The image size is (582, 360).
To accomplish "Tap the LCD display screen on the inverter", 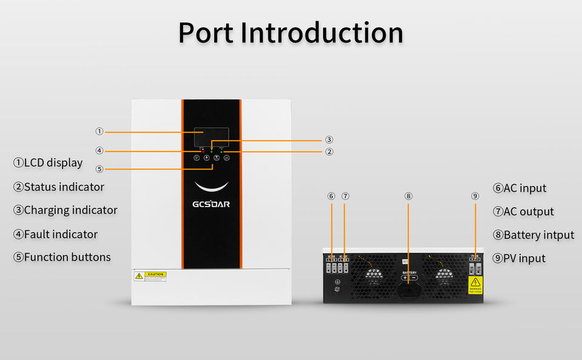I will (x=212, y=136).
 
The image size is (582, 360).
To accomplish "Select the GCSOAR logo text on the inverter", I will (x=211, y=204).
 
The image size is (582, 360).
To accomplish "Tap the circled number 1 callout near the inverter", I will (x=99, y=132).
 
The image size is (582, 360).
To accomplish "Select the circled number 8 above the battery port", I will (x=408, y=196).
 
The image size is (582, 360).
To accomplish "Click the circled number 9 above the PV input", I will (x=475, y=196).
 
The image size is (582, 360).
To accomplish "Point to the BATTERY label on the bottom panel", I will (x=409, y=273).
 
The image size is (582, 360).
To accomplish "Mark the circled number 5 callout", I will (x=99, y=168).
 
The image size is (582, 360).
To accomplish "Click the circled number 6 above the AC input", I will (x=331, y=196).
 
